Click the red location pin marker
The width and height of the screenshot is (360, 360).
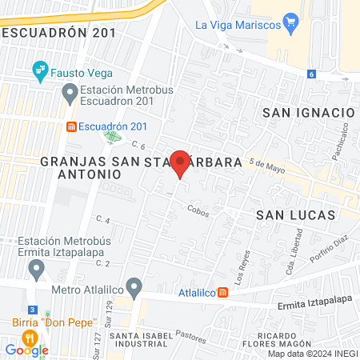pyautogui.click(x=181, y=162)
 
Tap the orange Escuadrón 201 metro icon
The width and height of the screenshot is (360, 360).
pyautogui.click(x=71, y=126)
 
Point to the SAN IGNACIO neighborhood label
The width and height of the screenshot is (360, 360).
pyautogui.click(x=308, y=113)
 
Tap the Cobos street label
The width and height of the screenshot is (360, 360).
pyautogui.click(x=198, y=210)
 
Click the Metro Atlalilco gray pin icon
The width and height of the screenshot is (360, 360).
pyautogui.click(x=134, y=286)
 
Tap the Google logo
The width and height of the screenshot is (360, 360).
pyautogui.click(x=26, y=350)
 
